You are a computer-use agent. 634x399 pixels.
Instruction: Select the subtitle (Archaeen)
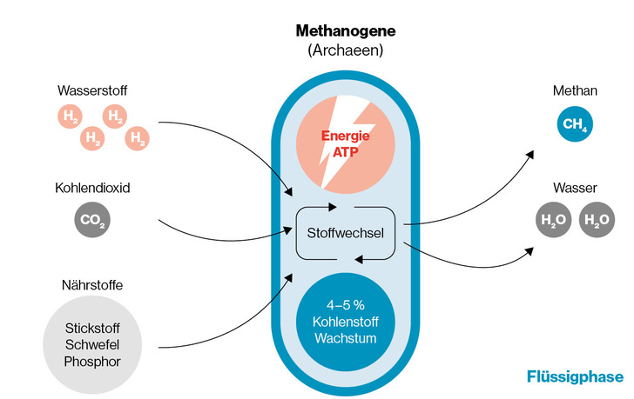point(345,50)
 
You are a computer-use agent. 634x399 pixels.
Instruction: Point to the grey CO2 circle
point(91,220)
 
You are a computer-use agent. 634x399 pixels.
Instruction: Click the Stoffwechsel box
point(347,232)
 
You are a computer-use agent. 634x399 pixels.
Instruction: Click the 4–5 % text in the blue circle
point(347,305)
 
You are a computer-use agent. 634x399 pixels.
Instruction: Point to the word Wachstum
point(347,337)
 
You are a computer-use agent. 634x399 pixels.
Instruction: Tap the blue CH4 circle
point(575,124)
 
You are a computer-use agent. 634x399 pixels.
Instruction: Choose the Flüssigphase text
point(575,376)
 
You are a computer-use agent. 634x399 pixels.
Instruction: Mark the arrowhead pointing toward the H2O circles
point(531,251)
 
